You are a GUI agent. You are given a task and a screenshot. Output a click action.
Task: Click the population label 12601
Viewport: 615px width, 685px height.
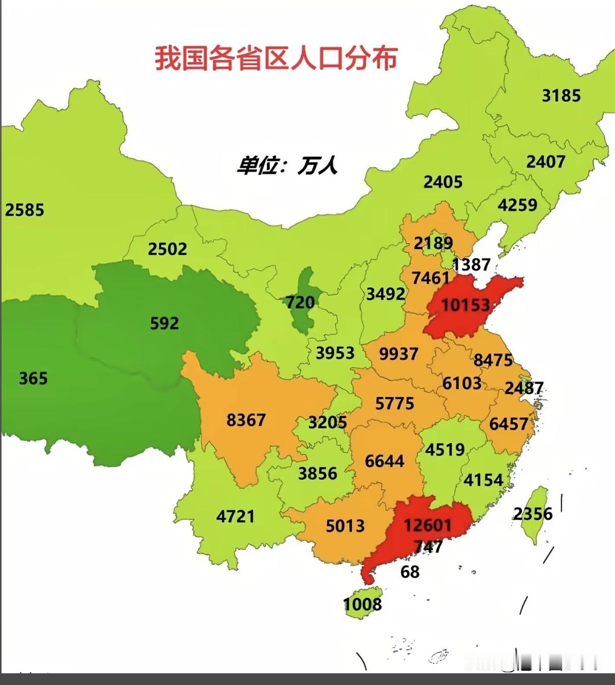pos(427,524)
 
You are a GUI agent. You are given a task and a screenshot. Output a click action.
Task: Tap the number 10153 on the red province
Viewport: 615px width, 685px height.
pos(465,305)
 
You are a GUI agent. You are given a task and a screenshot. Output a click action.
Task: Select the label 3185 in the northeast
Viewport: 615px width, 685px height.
pos(561,95)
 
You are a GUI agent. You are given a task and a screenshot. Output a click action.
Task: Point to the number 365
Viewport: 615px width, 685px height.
pos(33,378)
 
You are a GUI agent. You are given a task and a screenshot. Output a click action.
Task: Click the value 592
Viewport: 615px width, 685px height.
pos(164,323)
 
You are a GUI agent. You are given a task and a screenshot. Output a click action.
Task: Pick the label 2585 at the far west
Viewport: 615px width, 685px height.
pos(24,210)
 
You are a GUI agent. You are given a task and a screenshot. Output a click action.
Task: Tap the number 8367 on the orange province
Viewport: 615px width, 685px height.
pos(246,420)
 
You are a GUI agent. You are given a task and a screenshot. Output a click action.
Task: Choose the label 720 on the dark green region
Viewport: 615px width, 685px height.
pos(300,302)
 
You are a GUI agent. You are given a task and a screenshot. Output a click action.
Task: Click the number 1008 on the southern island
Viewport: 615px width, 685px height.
pos(362,604)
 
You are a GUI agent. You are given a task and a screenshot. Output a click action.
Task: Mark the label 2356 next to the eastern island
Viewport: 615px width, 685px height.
pos(532,513)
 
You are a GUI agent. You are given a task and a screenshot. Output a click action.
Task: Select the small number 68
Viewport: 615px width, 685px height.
pos(410,572)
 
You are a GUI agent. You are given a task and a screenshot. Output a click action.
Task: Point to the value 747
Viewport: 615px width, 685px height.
pos(428,547)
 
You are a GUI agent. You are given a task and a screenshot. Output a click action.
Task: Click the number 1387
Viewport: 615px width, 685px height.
pos(471,264)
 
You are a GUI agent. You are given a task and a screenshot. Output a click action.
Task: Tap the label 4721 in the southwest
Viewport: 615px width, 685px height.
pos(235,516)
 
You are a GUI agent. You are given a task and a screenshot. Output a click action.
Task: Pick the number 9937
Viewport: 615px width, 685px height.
pos(398,353)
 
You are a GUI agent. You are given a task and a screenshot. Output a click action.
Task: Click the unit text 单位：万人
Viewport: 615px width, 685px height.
pos(286,165)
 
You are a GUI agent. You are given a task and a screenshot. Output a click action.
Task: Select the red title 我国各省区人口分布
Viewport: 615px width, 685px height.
pos(276,58)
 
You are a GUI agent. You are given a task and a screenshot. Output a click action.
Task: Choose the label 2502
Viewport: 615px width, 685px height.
pos(167,249)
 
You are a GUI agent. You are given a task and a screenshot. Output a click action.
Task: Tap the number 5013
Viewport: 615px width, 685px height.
pos(345,525)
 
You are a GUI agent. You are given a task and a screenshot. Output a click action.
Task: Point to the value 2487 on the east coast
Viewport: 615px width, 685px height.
pos(524,388)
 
